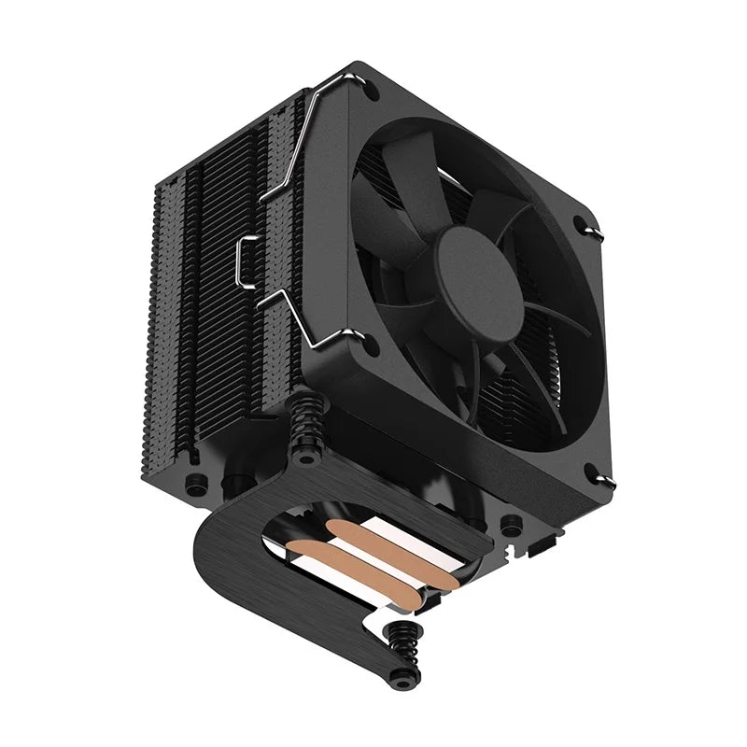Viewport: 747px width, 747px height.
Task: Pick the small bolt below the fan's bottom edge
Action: pos(511,525)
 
